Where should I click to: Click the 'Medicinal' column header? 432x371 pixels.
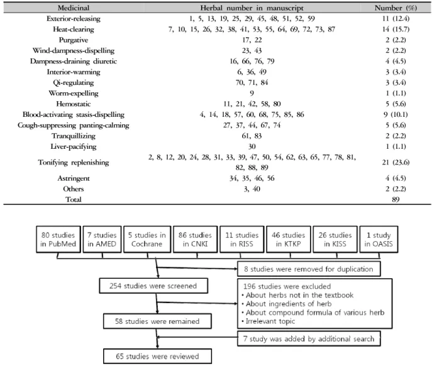pos(74,8)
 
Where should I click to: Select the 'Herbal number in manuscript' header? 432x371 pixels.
pos(252,8)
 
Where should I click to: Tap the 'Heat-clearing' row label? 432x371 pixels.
pos(74,29)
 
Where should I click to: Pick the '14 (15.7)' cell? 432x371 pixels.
pos(396,29)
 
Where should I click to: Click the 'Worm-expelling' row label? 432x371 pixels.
pos(74,94)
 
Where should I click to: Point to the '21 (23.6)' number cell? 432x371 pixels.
pos(396,162)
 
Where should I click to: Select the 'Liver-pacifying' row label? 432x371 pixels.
pos(74,146)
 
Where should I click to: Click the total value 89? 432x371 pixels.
pos(396,200)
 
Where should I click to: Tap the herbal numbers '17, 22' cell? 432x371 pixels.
pos(252,40)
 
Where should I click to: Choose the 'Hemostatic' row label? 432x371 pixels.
pos(74,104)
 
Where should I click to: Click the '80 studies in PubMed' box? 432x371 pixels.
pos(58,239)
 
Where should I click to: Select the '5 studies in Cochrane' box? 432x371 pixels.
pos(147,239)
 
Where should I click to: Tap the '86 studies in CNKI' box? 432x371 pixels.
pos(195,239)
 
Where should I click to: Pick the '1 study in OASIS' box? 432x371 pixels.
pos(379,239)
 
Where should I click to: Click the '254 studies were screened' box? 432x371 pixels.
pos(153,286)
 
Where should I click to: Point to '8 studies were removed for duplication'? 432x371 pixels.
pos(309,269)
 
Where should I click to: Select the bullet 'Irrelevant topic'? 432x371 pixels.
pos(269,321)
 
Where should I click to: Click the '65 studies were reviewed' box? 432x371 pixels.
pos(157,356)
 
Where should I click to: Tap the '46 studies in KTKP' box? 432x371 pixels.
pos(288,239)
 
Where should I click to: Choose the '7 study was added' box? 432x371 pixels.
pos(309,338)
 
